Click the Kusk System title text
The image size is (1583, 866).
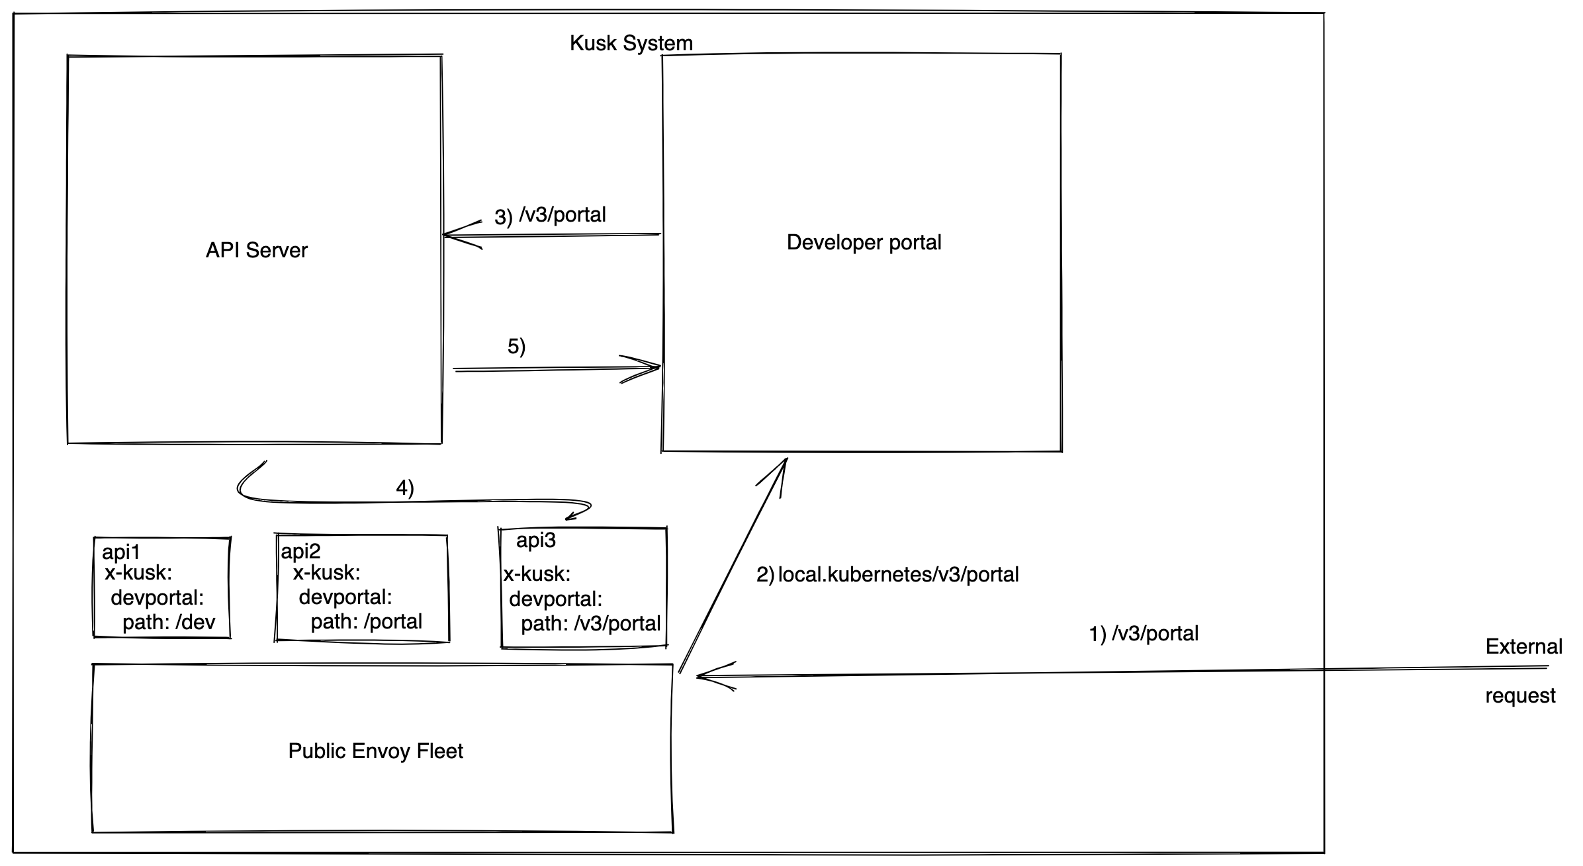coord(631,44)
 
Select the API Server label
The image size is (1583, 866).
coord(256,250)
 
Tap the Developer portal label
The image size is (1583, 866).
coord(863,242)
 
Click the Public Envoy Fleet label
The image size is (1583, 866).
coord(375,751)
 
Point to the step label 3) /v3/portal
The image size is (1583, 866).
coord(550,216)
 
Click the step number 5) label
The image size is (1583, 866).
coord(516,346)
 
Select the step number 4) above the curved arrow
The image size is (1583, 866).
coord(404,488)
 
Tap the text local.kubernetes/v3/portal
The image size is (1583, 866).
coord(898,574)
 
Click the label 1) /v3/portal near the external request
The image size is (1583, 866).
coord(1144,634)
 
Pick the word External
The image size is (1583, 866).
coord(1523,646)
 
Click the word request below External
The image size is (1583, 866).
coord(1520,696)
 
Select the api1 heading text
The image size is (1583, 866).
coord(121,552)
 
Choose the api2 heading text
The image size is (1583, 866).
coord(300,551)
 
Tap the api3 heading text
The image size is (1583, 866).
coord(535,541)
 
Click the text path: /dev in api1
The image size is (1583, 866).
coord(169,622)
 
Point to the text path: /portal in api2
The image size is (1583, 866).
coord(366,622)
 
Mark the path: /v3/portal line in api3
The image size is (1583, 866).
coord(590,623)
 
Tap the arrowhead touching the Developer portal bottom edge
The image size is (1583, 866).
coord(781,467)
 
